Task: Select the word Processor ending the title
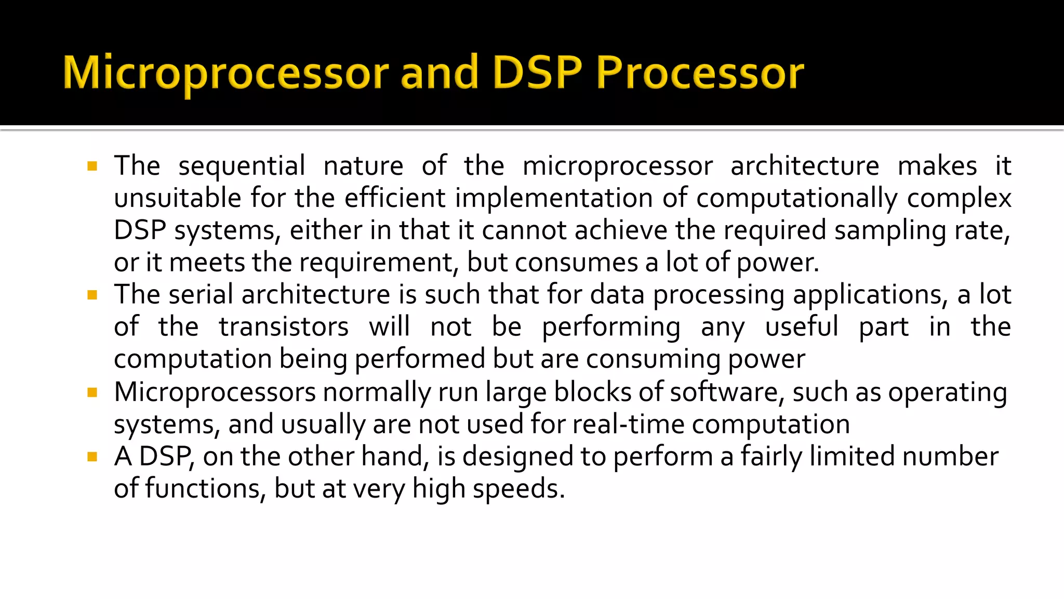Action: point(699,73)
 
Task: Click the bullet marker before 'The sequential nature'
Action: point(92,166)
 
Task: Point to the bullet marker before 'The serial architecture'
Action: point(92,295)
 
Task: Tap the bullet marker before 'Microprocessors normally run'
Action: point(92,393)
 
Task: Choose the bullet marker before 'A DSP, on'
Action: point(92,457)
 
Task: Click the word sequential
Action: point(242,166)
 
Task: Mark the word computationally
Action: point(797,198)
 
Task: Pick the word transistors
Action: point(284,327)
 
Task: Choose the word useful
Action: point(802,327)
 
